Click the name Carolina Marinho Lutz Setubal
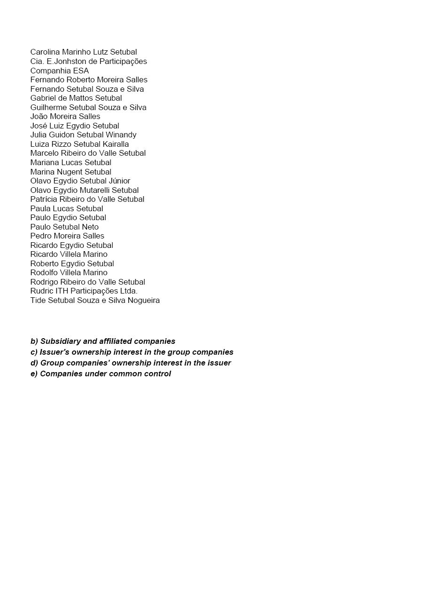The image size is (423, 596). click(84, 52)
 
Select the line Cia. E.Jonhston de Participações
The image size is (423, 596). click(88, 62)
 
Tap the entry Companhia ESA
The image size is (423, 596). click(60, 71)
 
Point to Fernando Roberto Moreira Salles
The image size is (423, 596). click(89, 80)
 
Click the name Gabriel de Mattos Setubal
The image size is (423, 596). click(76, 98)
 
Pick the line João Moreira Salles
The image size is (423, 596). click(65, 117)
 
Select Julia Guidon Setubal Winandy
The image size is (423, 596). click(83, 135)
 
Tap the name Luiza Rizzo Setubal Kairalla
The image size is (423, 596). click(79, 144)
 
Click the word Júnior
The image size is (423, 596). click(119, 181)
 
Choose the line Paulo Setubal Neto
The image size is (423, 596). click(64, 227)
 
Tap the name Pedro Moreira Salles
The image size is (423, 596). click(67, 236)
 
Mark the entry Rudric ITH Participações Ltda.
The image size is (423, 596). click(84, 291)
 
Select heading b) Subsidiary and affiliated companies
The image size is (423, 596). click(103, 342)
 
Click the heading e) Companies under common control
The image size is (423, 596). click(101, 374)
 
